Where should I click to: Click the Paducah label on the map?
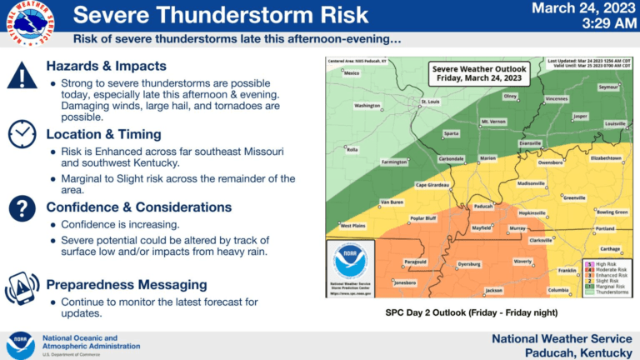point(483,207)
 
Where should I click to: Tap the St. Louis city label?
point(430,103)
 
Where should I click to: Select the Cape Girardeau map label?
point(433,185)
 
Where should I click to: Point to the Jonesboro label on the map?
point(404,282)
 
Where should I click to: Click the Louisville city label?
point(615,123)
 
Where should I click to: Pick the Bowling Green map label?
point(612,212)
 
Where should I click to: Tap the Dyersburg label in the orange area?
point(470,264)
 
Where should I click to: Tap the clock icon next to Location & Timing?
point(22,133)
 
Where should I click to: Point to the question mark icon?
point(22,207)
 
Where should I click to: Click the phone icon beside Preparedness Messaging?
point(22,287)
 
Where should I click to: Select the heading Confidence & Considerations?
point(138,207)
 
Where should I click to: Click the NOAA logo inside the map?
point(350,262)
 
